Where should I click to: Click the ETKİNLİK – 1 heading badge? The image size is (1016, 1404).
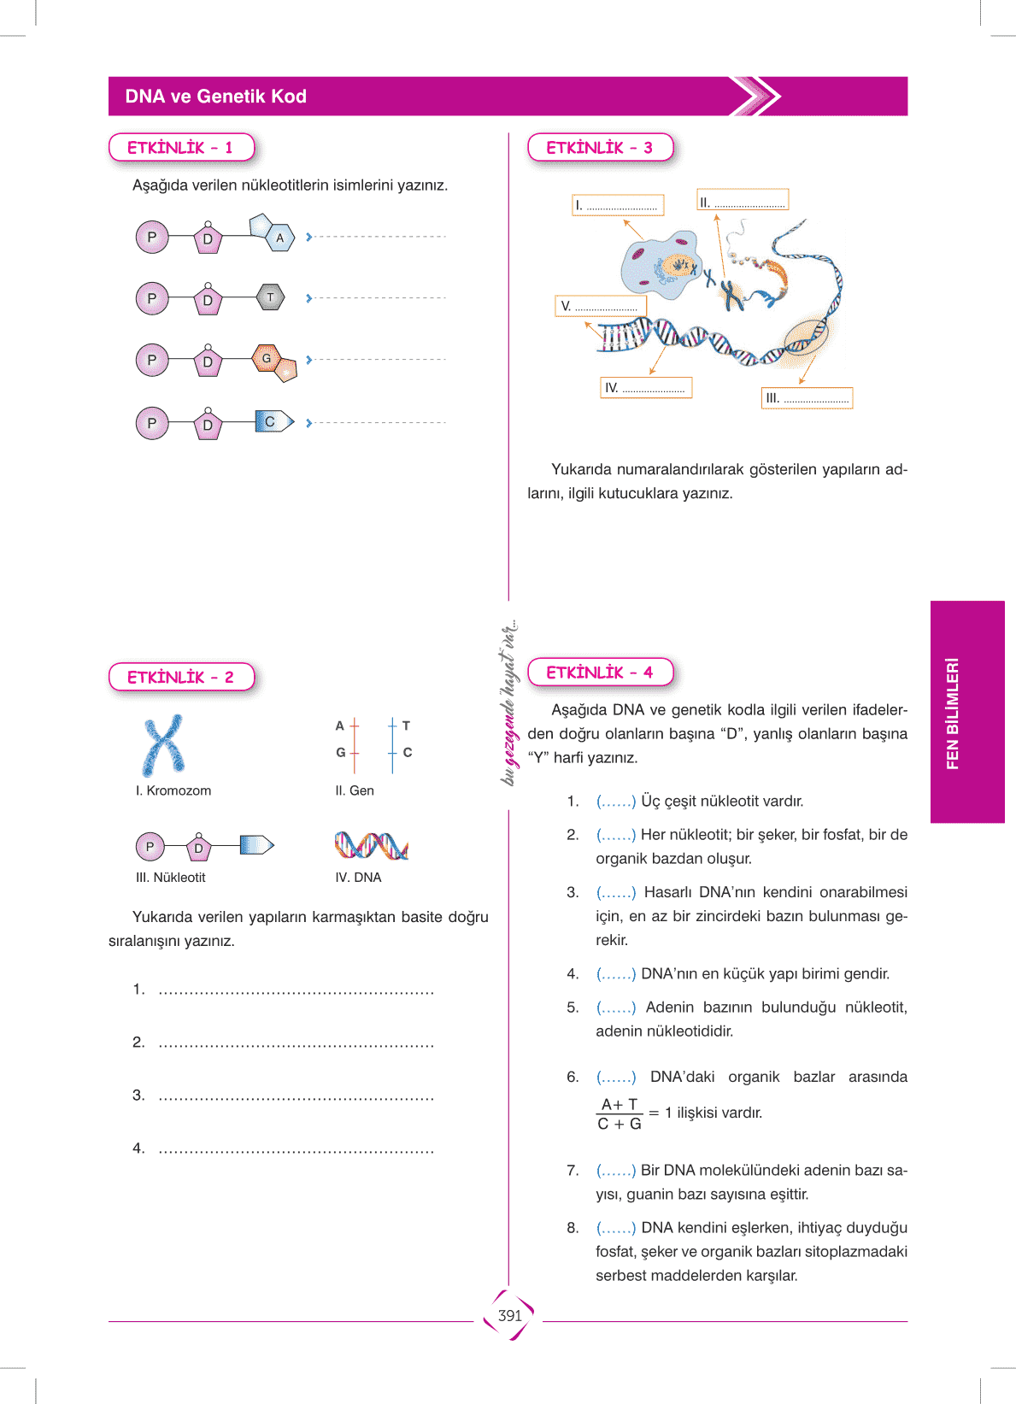pyautogui.click(x=180, y=148)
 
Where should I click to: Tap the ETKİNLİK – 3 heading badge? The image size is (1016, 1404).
pyautogui.click(x=600, y=148)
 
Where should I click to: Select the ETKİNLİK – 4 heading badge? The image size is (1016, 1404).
pyautogui.click(x=600, y=673)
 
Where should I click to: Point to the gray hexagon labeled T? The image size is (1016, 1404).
pyautogui.click(x=270, y=297)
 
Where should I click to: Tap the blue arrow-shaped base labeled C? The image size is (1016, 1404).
pyautogui.click(x=273, y=421)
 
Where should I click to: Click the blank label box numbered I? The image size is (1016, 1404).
pyautogui.click(x=618, y=205)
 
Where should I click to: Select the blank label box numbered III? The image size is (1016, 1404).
pyautogui.click(x=807, y=398)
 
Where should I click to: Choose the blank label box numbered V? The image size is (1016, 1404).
pyautogui.click(x=601, y=306)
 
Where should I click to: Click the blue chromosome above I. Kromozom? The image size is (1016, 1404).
pyautogui.click(x=163, y=744)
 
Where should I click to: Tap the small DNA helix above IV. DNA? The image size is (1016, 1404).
pyautogui.click(x=371, y=845)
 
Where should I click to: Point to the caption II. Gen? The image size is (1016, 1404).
pyautogui.click(x=355, y=790)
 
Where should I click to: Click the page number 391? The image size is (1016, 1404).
pyautogui.click(x=509, y=1316)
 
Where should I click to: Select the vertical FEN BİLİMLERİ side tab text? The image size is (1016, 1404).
pyautogui.click(x=953, y=713)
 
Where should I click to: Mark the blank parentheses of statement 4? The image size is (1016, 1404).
pyautogui.click(x=616, y=973)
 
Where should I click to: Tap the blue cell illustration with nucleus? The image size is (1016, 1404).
pyautogui.click(x=661, y=265)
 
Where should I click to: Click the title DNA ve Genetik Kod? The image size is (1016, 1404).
pyautogui.click(x=215, y=97)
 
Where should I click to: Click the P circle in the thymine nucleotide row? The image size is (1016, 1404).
pyautogui.click(x=152, y=298)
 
